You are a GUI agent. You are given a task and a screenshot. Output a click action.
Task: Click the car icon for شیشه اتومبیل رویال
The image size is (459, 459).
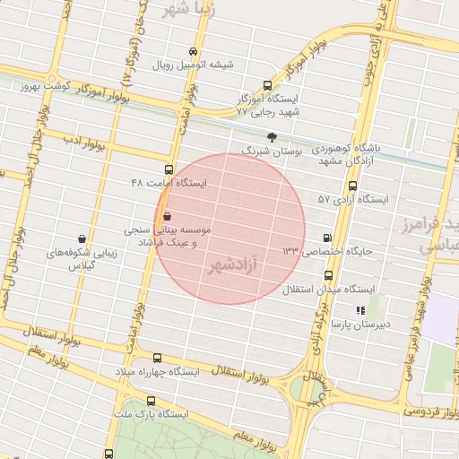tap(193, 51)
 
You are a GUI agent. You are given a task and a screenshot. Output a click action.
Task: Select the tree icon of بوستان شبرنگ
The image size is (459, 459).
tap(273, 136)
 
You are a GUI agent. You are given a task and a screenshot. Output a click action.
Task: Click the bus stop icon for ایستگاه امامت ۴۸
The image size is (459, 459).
tap(169, 169)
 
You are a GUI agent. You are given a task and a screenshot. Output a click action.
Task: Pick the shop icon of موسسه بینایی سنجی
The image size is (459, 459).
tap(168, 216)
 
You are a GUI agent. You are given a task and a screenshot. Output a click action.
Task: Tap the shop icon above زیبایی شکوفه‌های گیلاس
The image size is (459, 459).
tap(82, 239)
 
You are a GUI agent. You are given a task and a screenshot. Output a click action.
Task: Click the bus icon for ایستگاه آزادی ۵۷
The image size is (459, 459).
tap(352, 186)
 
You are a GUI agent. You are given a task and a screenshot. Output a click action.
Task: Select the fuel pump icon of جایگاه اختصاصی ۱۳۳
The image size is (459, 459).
tap(327, 238)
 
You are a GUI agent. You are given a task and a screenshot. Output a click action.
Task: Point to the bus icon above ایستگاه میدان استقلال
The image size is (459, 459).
tap(328, 275)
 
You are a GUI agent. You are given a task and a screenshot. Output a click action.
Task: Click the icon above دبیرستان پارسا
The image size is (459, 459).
tap(359, 310)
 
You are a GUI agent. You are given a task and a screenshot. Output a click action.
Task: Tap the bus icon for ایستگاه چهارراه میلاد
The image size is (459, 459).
tap(158, 358)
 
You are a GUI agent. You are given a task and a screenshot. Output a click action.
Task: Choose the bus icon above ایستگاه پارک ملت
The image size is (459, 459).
tap(149, 402)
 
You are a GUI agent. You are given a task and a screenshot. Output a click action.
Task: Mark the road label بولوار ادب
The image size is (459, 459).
tap(86, 142)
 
